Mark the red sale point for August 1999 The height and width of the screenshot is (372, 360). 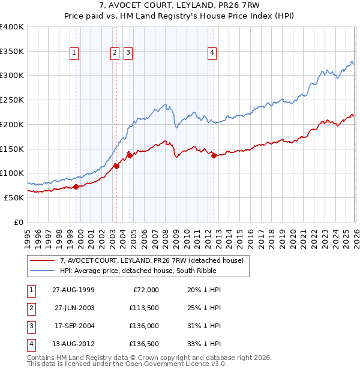click(x=76, y=187)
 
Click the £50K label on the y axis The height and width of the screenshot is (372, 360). click(x=14, y=197)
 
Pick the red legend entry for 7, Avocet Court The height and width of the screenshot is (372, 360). click(x=151, y=260)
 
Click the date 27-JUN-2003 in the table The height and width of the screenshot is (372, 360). click(x=74, y=308)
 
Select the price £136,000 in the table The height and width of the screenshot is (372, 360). click(x=144, y=326)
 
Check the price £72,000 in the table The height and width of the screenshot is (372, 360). click(x=146, y=290)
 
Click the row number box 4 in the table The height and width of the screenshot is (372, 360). click(x=31, y=344)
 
